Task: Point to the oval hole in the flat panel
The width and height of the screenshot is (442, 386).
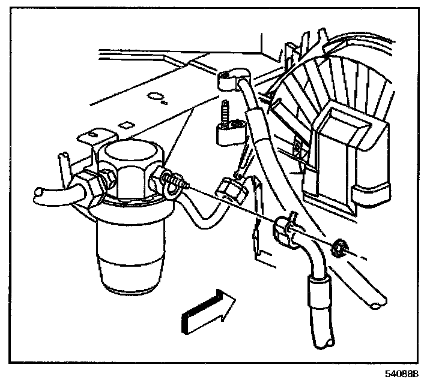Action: (x=155, y=96)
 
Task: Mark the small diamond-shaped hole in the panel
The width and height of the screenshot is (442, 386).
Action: (x=126, y=125)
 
